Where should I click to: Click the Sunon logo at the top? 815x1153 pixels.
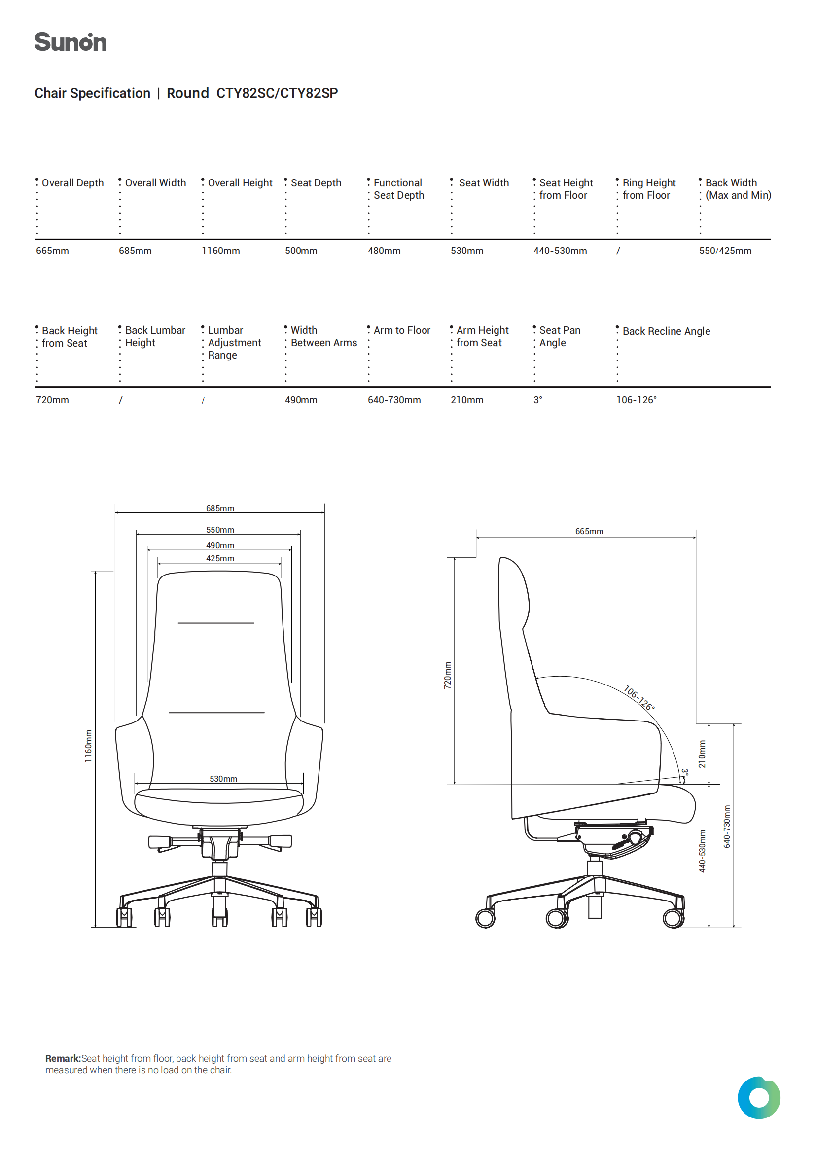[x=71, y=42]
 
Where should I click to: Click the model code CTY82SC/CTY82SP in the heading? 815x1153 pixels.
[x=277, y=93]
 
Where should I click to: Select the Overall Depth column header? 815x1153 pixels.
[x=73, y=183]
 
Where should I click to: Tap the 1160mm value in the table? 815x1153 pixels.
[x=221, y=251]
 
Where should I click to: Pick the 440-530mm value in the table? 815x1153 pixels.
[x=560, y=251]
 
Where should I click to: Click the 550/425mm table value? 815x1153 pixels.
[x=725, y=251]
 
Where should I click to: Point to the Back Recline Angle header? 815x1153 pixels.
[x=667, y=331]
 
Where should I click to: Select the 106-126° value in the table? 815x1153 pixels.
[x=636, y=400]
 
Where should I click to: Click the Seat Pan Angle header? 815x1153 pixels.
[x=560, y=336]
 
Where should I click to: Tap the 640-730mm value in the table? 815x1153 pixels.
[x=394, y=400]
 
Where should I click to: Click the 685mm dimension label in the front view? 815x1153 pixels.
[x=220, y=508]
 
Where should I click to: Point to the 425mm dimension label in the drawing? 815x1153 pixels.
[x=220, y=558]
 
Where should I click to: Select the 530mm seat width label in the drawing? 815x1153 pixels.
[x=223, y=778]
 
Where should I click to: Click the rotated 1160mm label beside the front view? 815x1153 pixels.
[x=88, y=746]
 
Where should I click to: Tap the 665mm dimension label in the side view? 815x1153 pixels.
[x=590, y=531]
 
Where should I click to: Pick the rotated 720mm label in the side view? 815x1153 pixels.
[x=447, y=675]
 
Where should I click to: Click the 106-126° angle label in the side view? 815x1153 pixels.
[x=639, y=698]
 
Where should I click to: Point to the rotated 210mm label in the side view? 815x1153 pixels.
[x=702, y=754]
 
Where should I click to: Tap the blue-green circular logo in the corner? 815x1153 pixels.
[x=759, y=1097]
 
